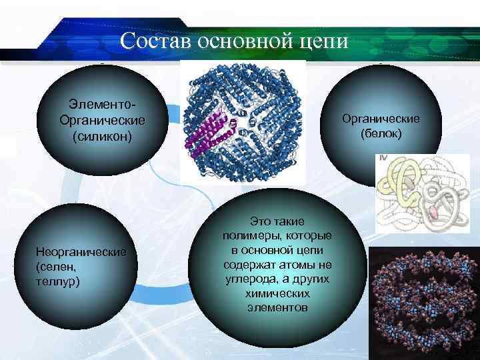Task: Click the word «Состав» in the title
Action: click(x=155, y=41)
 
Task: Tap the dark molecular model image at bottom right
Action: click(x=423, y=303)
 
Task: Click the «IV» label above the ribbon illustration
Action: click(x=383, y=159)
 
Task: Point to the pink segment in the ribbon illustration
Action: click(x=433, y=213)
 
